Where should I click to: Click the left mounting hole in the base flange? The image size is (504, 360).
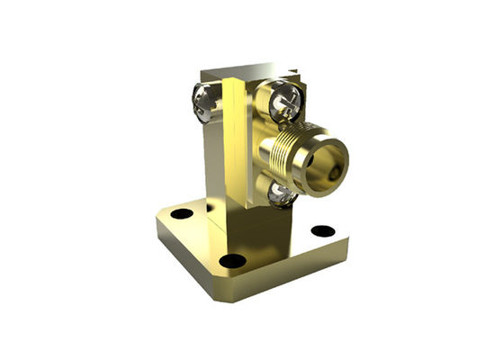[182, 213]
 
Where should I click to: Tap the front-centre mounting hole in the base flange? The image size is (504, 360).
[232, 261]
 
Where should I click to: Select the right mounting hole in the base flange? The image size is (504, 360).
[322, 230]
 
